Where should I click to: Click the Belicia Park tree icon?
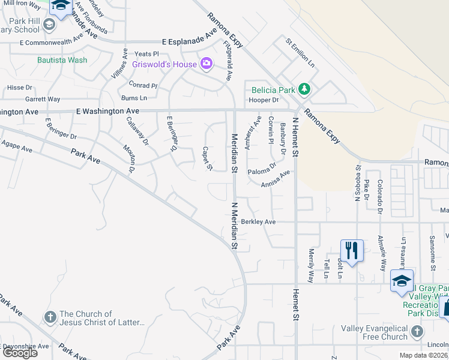305,90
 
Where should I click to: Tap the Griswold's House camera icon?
207,63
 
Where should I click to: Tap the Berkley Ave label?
258,221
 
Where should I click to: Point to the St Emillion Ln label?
300,52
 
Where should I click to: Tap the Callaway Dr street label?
137,131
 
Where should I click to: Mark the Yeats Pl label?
147,54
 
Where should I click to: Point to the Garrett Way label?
42,99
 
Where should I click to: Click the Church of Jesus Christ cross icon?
49,317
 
